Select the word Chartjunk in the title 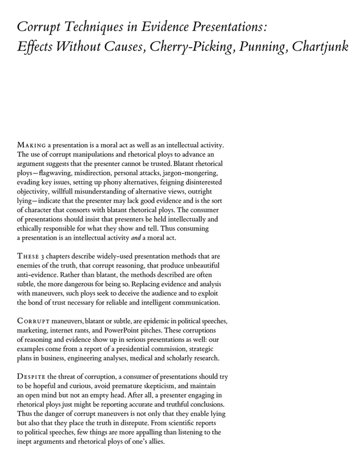[319, 47]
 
